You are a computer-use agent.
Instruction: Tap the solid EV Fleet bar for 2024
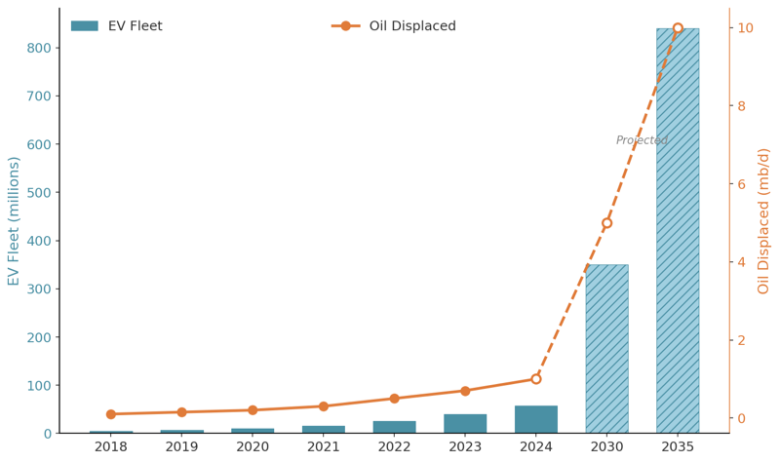point(536,420)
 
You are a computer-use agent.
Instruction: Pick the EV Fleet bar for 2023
point(465,424)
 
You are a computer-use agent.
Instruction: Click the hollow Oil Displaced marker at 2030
point(606,223)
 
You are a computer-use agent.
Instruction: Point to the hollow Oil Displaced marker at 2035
point(678,28)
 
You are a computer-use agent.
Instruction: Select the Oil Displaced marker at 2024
point(536,379)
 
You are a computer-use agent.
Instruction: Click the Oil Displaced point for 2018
point(111,414)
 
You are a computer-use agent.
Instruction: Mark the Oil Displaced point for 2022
point(394,399)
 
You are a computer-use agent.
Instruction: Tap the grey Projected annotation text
point(642,140)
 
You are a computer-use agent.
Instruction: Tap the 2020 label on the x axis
point(253,447)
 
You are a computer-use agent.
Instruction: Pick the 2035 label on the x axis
point(678,447)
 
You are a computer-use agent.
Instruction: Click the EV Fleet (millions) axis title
point(14,221)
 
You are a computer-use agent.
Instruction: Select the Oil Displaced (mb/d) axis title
point(764,221)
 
